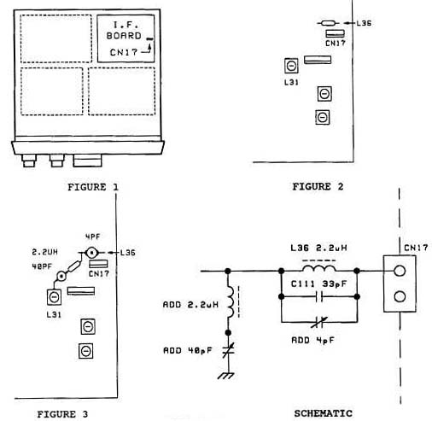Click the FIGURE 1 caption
coord(93,187)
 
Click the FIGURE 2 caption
coord(318,186)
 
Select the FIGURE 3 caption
coord(62,414)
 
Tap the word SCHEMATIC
coord(323,413)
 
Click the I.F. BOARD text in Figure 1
coord(124,30)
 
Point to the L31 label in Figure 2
coord(291,82)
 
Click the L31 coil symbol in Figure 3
coord(54,297)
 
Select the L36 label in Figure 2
coord(364,23)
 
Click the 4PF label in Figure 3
coord(93,237)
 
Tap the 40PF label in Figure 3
coord(42,266)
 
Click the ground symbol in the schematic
coord(226,376)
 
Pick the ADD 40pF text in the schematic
coord(188,350)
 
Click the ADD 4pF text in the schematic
coord(312,340)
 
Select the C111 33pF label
coord(318,284)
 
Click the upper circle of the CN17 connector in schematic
coord(400,271)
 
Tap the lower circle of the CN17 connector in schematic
coord(400,296)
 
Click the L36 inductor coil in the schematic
coord(319,268)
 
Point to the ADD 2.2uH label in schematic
coord(190,305)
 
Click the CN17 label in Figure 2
coord(336,44)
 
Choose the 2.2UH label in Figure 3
coord(44,252)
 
